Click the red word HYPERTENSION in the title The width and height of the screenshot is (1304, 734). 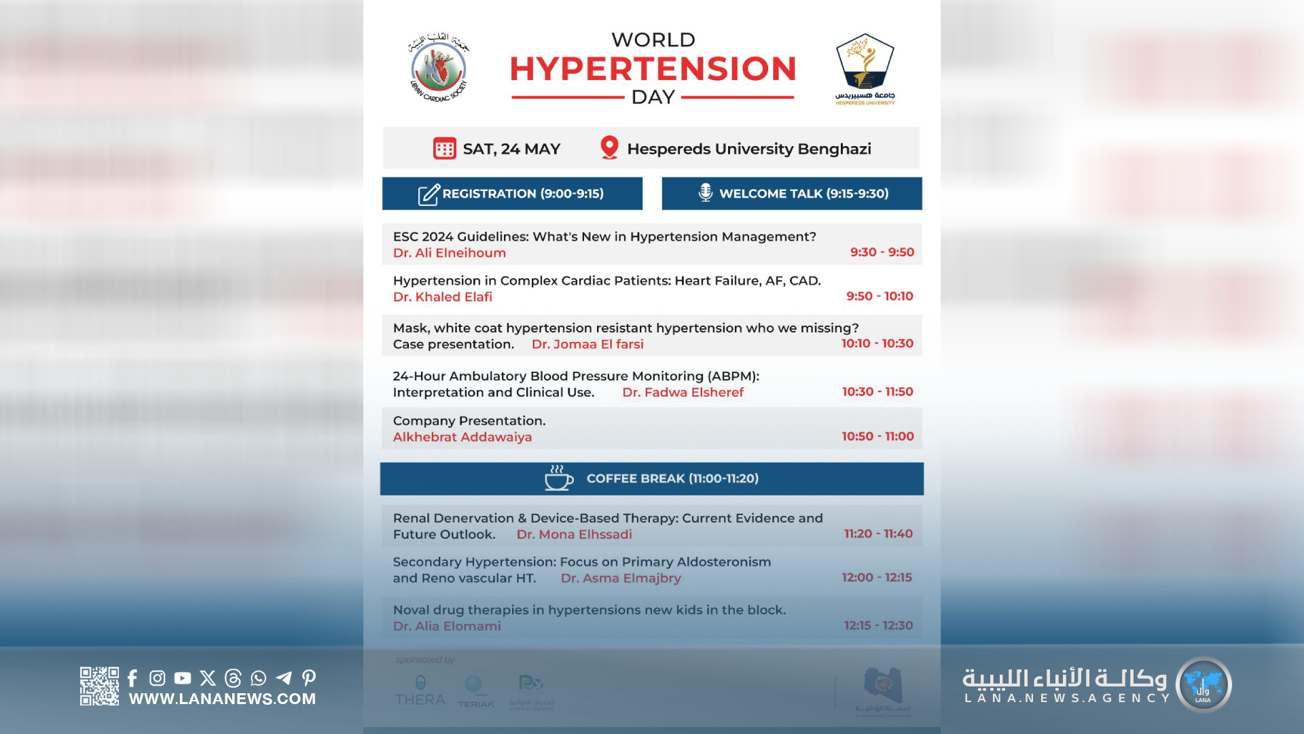click(x=653, y=69)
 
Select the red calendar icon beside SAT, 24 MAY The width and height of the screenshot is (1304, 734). click(x=445, y=148)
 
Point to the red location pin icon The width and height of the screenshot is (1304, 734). click(x=609, y=147)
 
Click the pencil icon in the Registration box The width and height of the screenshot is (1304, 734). click(x=429, y=194)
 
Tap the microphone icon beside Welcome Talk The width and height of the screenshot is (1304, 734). click(x=706, y=193)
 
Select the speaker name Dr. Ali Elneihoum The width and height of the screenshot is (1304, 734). click(x=450, y=253)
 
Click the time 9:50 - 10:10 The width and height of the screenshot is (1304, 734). click(x=880, y=296)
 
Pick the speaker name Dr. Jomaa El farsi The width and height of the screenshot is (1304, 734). click(x=587, y=345)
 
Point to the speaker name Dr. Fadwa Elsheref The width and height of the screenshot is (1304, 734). click(x=683, y=392)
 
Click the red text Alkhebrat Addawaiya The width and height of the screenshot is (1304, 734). click(x=463, y=437)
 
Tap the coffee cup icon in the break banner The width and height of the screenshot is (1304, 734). click(x=558, y=478)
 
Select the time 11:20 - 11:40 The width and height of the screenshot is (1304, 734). click(x=878, y=534)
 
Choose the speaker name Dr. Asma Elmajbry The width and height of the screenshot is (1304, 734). click(x=621, y=578)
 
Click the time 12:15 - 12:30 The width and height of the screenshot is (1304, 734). click(x=878, y=625)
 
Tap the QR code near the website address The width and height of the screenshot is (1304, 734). click(x=99, y=686)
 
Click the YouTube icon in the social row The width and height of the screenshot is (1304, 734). click(x=183, y=678)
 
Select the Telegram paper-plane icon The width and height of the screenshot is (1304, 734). click(x=284, y=678)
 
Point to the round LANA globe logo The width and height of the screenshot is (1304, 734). click(x=1203, y=684)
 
